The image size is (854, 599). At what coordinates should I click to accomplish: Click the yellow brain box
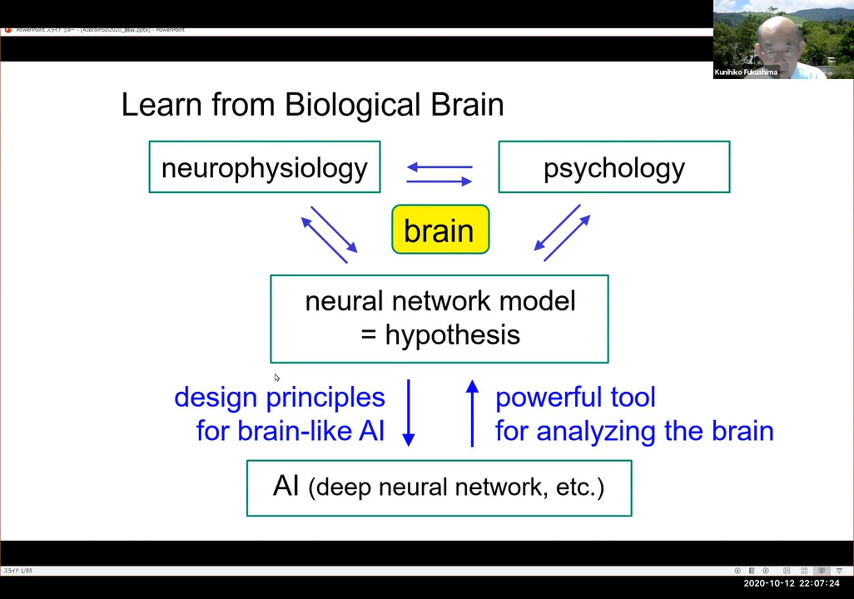(441, 229)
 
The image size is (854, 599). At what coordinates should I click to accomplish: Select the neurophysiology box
(264, 167)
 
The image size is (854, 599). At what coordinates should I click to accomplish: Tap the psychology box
(614, 167)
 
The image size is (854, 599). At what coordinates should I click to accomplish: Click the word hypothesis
(452, 335)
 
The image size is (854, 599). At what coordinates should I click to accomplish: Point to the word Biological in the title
(353, 105)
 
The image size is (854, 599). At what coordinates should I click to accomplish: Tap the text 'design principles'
(279, 397)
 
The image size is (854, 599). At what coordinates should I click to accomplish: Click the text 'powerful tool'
(575, 397)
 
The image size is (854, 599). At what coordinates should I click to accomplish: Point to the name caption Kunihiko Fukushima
(746, 72)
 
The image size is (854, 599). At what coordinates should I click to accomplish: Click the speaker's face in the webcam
(780, 44)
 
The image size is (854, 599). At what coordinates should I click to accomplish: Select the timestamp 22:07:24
(819, 583)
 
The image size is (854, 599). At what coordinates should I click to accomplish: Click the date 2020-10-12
(769, 583)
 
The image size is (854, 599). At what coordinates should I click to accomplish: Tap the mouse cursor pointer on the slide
(277, 378)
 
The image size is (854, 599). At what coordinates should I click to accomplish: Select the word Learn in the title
(162, 105)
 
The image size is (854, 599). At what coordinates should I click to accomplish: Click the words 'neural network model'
(440, 301)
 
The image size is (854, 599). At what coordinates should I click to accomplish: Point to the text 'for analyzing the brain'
(634, 431)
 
